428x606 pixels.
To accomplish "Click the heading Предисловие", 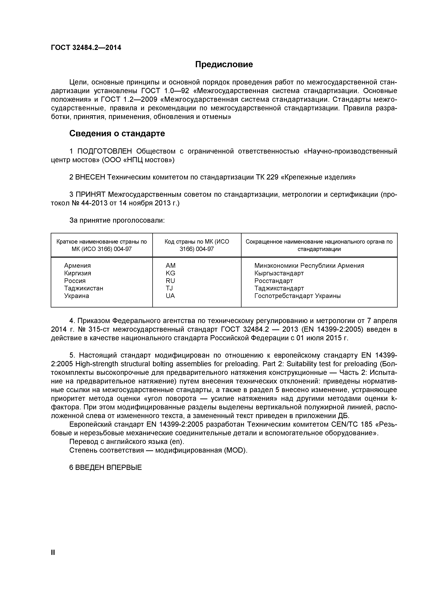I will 224,64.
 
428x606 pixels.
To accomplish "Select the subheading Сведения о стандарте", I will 117,134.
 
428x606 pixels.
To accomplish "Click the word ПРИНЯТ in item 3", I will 91,195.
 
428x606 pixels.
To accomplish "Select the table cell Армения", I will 77,266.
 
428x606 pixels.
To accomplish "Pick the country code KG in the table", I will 170,273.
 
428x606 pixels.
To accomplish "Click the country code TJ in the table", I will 169,288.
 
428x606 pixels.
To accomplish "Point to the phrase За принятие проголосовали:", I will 117,220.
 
